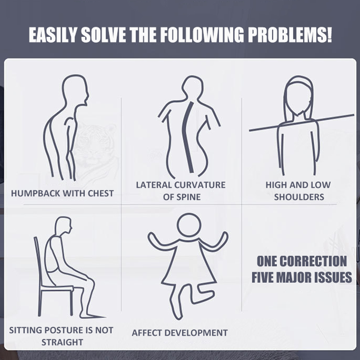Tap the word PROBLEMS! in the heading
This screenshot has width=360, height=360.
point(290,35)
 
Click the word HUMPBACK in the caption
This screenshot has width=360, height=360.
point(36,193)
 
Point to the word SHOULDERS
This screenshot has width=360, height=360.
point(299,197)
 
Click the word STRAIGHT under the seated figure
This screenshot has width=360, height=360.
point(62,342)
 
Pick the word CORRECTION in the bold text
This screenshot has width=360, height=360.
point(313,261)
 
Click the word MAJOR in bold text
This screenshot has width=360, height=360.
point(294,277)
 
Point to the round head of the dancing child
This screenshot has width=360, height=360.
point(189,225)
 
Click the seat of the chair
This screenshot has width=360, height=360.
point(58,288)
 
